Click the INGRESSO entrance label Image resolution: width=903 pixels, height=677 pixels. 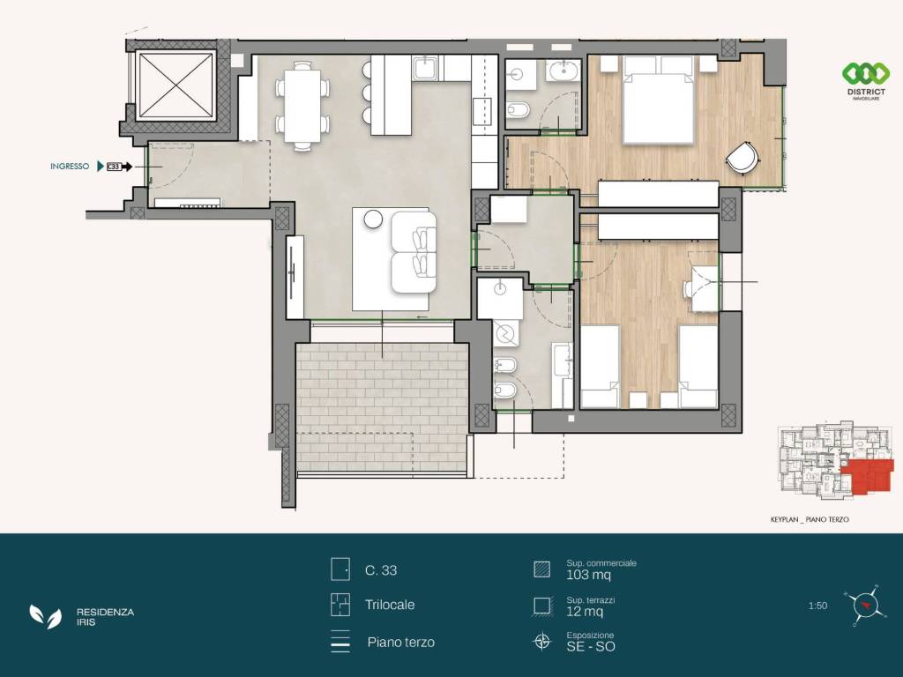[70, 167]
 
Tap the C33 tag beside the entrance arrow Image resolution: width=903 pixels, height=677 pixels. [114, 167]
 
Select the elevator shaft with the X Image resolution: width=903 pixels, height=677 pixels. [176, 86]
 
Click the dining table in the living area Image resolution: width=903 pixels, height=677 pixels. [302, 106]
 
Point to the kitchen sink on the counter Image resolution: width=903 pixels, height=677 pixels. [426, 68]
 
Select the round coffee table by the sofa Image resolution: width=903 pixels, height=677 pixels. [373, 219]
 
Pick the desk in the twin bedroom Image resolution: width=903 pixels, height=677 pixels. [705, 288]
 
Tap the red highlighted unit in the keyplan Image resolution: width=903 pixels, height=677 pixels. [868, 476]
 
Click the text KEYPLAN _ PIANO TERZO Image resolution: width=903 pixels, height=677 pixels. [810, 519]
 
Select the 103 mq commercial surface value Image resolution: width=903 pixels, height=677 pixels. [588, 575]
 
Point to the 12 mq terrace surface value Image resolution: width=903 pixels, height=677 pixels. [585, 612]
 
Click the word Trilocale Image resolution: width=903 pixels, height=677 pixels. [390, 605]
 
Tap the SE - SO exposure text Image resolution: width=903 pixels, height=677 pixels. [591, 646]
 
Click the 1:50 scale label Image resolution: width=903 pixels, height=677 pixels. [817, 606]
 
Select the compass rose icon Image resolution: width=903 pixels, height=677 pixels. [864, 605]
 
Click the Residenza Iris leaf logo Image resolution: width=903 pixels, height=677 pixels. [46, 616]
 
